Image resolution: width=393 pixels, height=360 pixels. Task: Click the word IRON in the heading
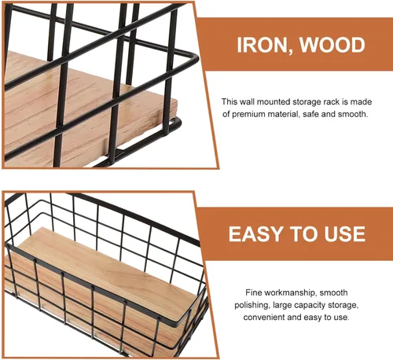pos(262,45)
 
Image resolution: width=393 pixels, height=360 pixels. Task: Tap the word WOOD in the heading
pos(332,45)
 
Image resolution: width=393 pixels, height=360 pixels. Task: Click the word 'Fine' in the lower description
pos(253,292)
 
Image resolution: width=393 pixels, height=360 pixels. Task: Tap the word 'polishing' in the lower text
pos(252,306)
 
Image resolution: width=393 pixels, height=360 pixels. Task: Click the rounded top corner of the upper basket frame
pos(195,58)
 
